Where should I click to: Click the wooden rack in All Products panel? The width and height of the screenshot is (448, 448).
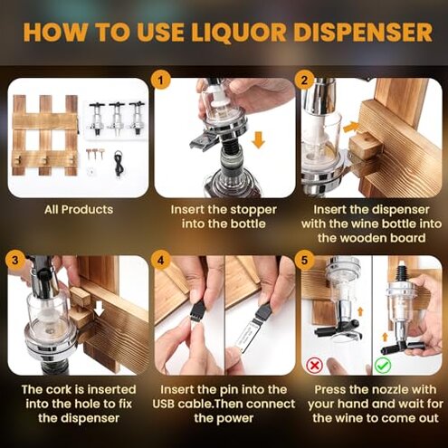(43, 136)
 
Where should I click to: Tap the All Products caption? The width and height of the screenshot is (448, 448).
(79, 210)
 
